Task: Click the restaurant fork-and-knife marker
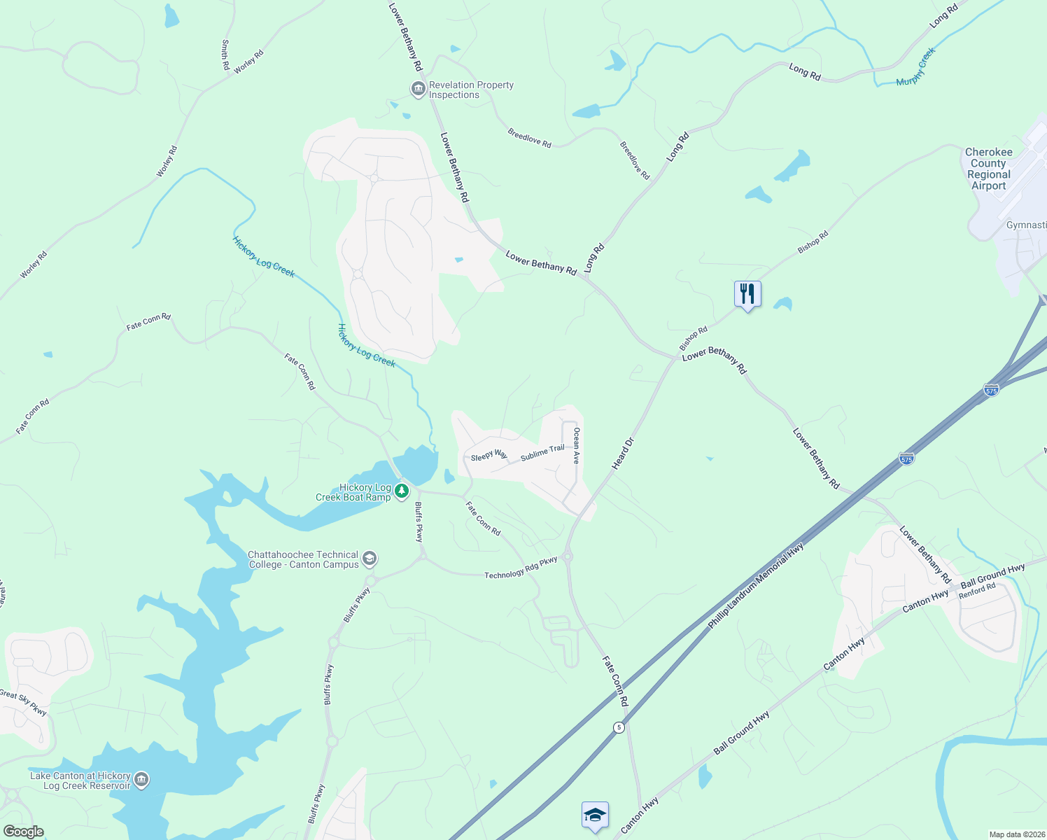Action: [x=747, y=294]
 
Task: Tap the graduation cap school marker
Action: [x=595, y=815]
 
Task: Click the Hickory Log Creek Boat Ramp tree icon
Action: [x=402, y=491]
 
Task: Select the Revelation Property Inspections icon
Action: [x=419, y=90]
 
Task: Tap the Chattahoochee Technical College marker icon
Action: [x=370, y=559]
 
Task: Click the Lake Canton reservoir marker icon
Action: [x=141, y=780]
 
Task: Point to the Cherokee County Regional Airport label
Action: [x=988, y=169]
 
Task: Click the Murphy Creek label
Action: [x=916, y=67]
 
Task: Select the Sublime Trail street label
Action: [x=542, y=453]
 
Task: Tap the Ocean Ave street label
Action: [x=577, y=446]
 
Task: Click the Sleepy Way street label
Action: [x=489, y=456]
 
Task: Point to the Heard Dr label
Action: [x=622, y=454]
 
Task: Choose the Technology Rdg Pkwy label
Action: [x=521, y=568]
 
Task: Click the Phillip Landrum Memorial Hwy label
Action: [x=755, y=586]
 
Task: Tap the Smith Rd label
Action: [x=225, y=55]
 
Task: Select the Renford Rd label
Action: [x=977, y=591]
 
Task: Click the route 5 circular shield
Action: [x=619, y=727]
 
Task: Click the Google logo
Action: [x=23, y=832]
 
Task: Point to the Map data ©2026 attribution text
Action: [x=1016, y=834]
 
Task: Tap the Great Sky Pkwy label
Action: [x=23, y=703]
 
